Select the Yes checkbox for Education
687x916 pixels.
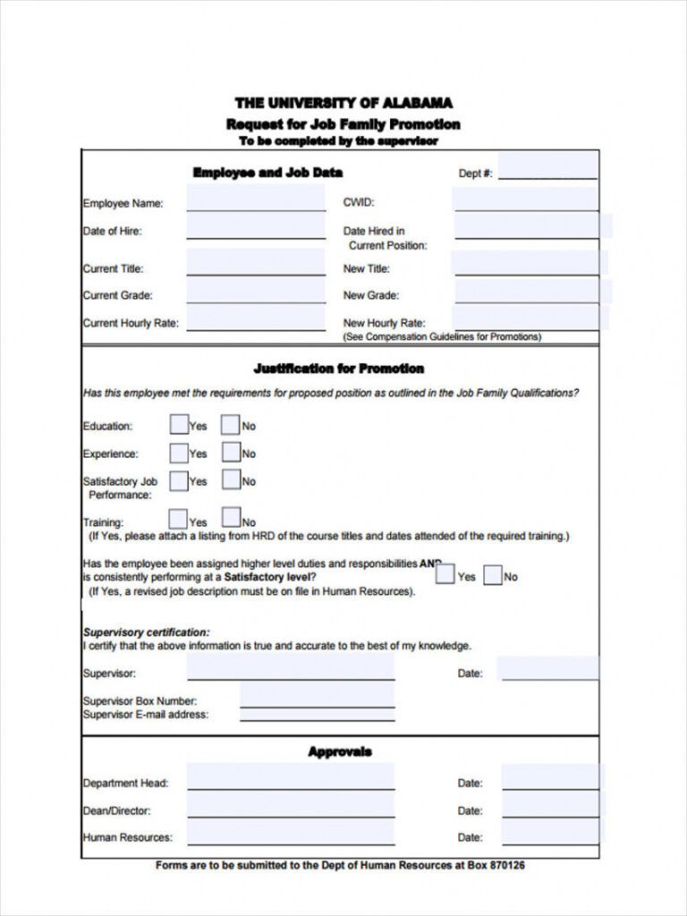179,425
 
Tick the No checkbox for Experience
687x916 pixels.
231,453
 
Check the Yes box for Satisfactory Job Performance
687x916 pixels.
179,480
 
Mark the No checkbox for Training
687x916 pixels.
231,517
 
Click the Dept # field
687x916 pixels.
547,167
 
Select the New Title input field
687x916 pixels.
526,264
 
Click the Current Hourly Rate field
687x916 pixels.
256,318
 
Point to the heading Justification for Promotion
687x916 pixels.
339,369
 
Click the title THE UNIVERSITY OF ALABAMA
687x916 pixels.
343,104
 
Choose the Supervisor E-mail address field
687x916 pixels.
317,714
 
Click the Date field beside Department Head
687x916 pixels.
549,778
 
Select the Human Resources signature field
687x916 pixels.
291,834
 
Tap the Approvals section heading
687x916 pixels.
340,752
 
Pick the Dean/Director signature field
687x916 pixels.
291,806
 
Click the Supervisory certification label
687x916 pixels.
147,632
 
